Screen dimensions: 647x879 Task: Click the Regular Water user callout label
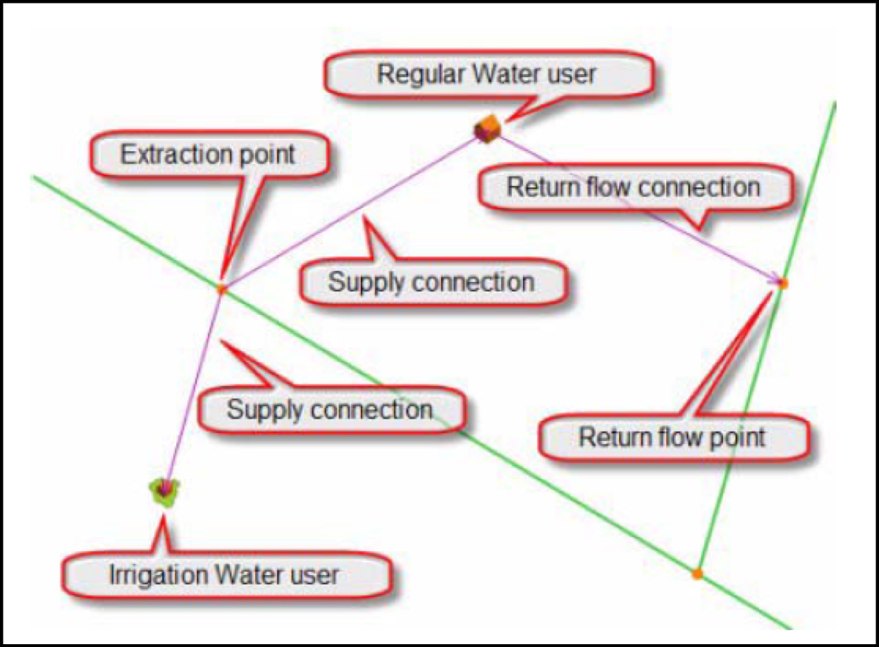486,74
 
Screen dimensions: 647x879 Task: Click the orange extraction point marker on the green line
222,288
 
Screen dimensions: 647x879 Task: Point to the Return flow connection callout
634,187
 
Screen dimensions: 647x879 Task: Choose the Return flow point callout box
672,437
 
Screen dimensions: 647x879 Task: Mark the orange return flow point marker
782,283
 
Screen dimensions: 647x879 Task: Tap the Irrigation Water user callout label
224,574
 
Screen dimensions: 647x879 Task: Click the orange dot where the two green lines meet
697,574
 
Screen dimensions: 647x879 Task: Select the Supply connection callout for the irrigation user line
329,409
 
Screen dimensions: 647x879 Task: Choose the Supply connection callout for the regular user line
431,283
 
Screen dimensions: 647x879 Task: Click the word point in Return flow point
739,437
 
